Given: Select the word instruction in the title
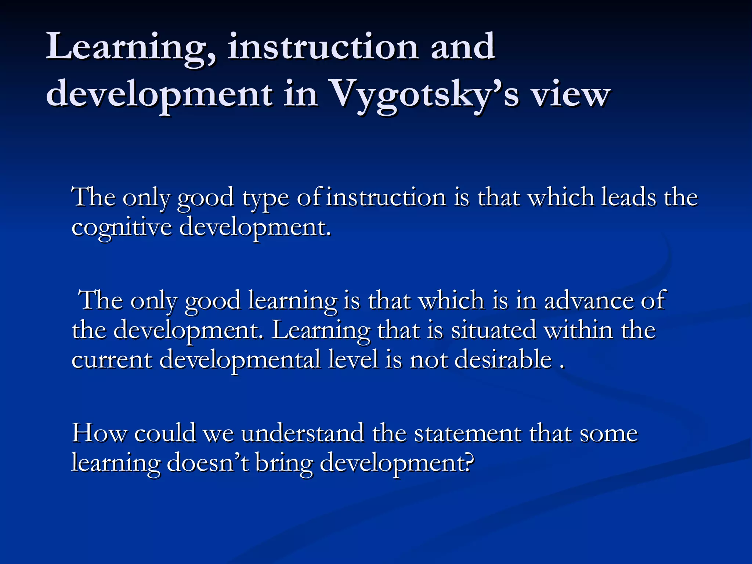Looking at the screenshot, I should coord(323,47).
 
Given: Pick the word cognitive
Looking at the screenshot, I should coord(122,228).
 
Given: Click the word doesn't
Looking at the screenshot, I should coord(208,463).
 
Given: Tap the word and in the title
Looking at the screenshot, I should coord(463,47).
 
